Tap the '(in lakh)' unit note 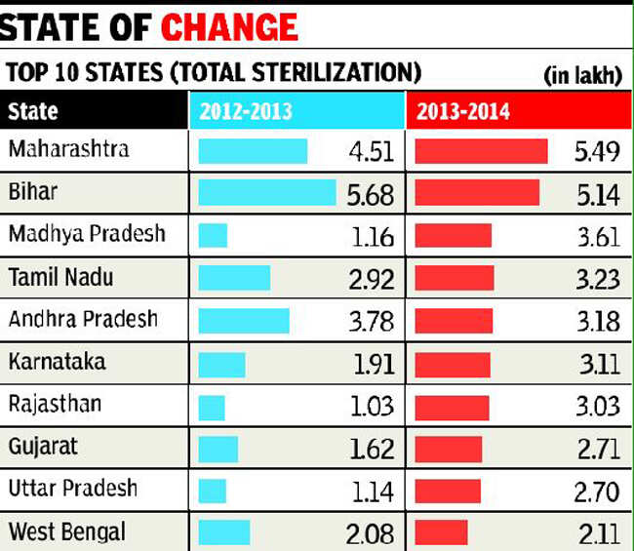(x=582, y=76)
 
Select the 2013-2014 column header (x=462, y=111)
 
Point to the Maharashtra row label (x=67, y=150)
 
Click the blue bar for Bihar (x=266, y=192)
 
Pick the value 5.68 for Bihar (x=371, y=195)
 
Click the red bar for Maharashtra (x=481, y=151)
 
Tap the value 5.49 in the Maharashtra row (x=597, y=153)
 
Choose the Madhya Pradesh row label (x=87, y=234)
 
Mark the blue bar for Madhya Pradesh (x=213, y=235)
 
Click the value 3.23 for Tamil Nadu (x=597, y=279)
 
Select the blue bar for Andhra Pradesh (x=244, y=321)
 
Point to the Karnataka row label (x=57, y=362)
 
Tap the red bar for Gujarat (x=448, y=448)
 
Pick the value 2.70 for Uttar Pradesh (x=597, y=491)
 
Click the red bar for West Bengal (x=441, y=532)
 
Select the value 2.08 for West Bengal (x=371, y=533)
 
